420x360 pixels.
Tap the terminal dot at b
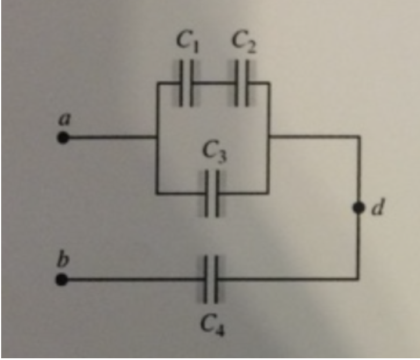point(61,280)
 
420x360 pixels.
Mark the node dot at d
point(360,207)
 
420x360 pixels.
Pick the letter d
point(379,207)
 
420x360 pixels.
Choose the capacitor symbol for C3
point(212,193)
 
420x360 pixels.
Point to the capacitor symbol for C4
point(212,280)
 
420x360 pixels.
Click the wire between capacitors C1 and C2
point(214,83)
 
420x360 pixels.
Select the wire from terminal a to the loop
point(110,138)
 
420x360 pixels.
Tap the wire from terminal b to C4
point(133,280)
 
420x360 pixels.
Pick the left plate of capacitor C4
point(207,280)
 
